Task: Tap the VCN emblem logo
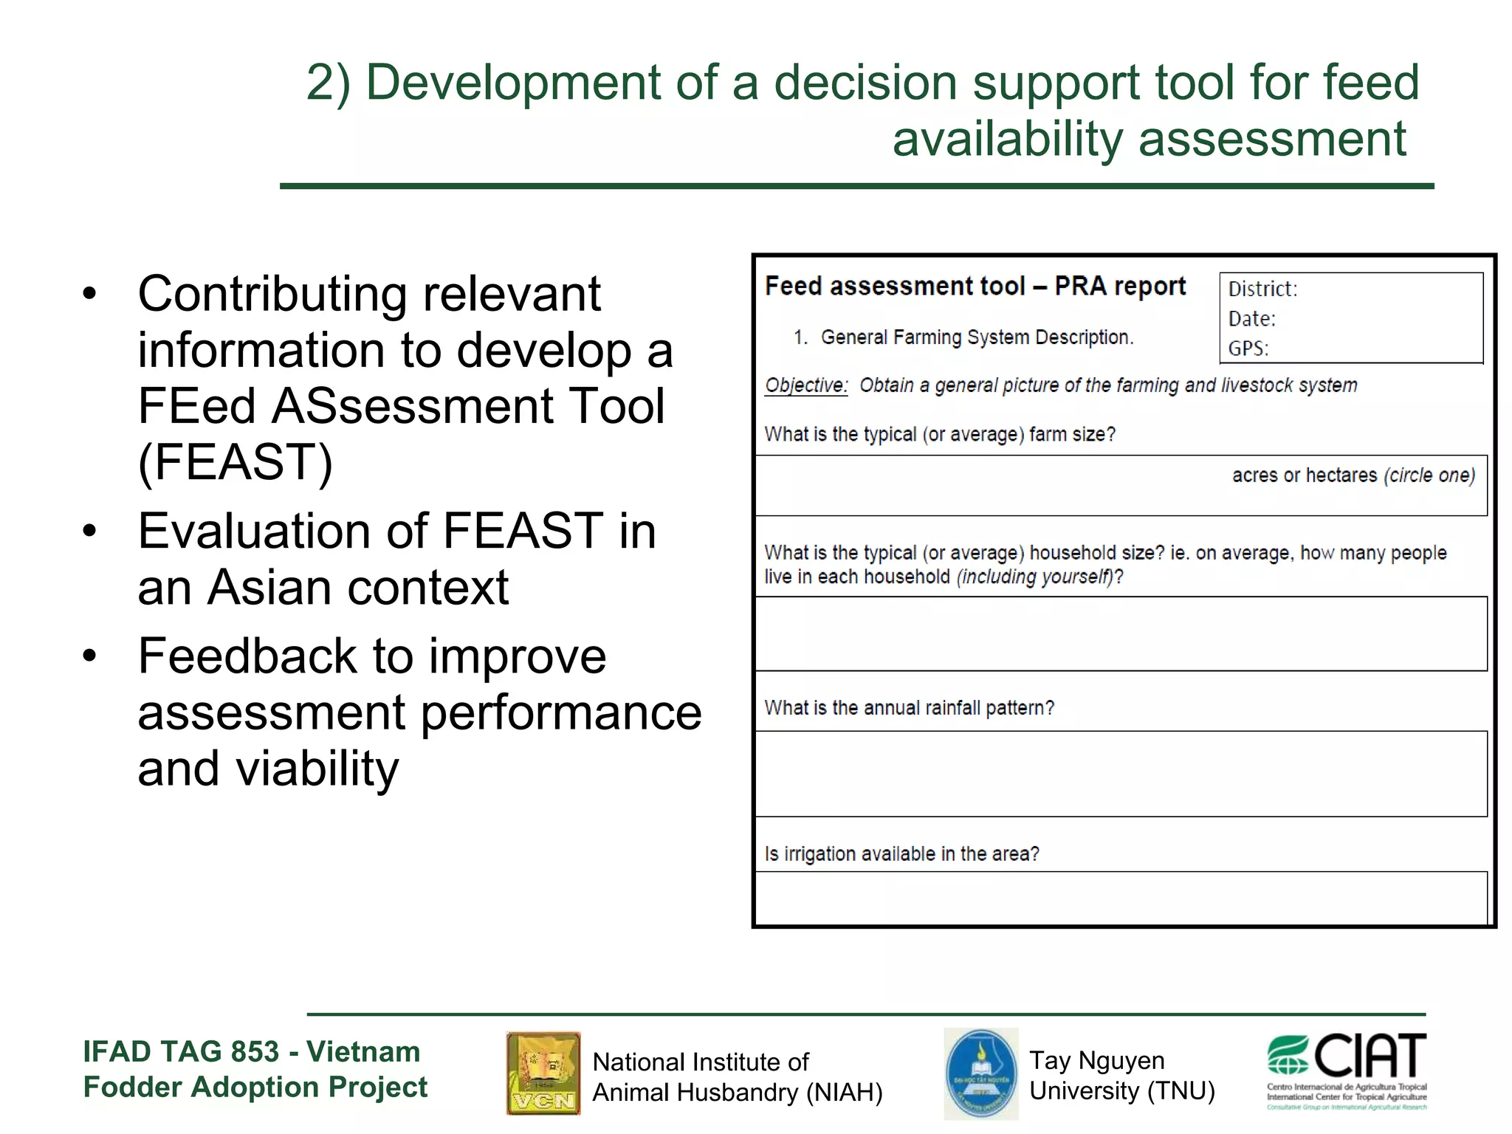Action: click(543, 1073)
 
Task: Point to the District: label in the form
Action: click(1262, 289)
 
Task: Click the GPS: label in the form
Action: click(1248, 348)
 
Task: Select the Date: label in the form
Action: click(1252, 319)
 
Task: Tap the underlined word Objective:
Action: click(806, 385)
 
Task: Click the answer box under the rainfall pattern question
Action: click(1121, 773)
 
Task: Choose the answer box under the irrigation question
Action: click(1121, 897)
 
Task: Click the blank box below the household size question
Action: click(1121, 633)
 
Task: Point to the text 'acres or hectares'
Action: click(1305, 475)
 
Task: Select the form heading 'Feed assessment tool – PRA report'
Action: click(975, 286)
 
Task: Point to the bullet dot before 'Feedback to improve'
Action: click(90, 656)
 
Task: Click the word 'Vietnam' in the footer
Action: click(363, 1051)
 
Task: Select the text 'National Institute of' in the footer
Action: click(701, 1062)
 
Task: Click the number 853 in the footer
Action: click(255, 1051)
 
